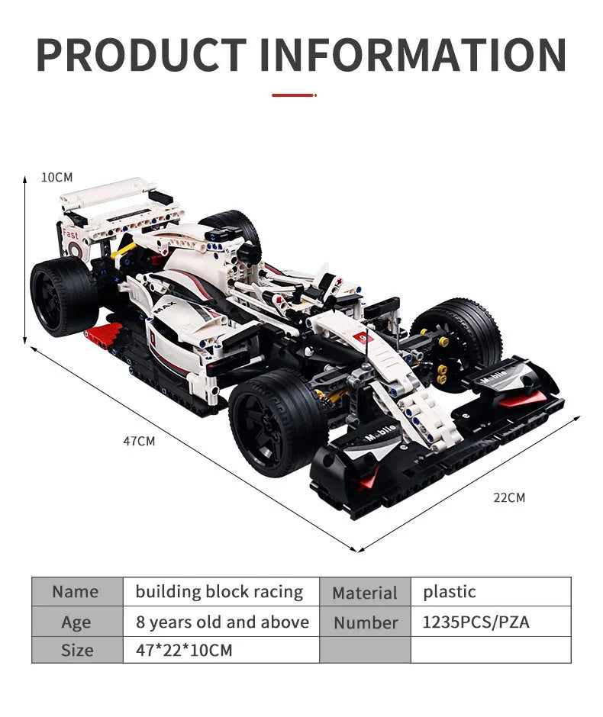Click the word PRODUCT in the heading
coord(141,55)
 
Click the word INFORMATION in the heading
coord(413,55)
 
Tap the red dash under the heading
coord(293,95)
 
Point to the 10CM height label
coord(56,177)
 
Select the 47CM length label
coord(139,441)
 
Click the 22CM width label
coord(509,497)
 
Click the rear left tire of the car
coord(61,295)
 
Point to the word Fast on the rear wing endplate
coord(71,234)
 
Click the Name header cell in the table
coord(76,592)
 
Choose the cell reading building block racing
coord(220,592)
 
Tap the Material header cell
coord(365,593)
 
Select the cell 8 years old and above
coord(221,622)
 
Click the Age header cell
coord(76,622)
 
